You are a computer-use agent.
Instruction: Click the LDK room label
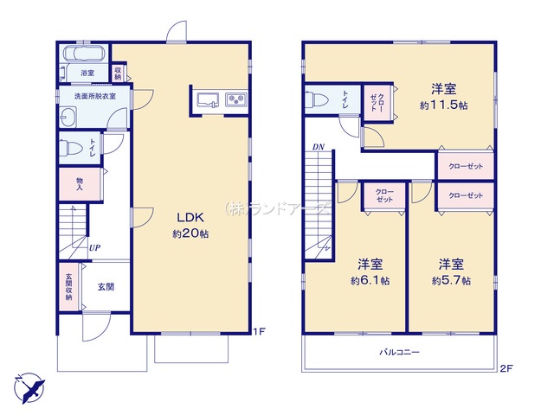pyautogui.click(x=190, y=217)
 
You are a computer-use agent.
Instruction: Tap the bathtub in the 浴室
pyautogui.click(x=84, y=54)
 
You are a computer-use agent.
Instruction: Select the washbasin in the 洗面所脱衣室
pyautogui.click(x=68, y=117)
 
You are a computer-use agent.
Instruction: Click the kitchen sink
pyautogui.click(x=208, y=99)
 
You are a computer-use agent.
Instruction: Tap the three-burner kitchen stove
pyautogui.click(x=236, y=99)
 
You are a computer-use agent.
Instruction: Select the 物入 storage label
pyautogui.click(x=80, y=184)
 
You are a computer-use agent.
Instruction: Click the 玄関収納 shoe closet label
pyautogui.click(x=68, y=287)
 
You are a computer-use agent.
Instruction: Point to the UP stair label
pyautogui.click(x=94, y=248)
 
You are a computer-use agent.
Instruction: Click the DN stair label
pyautogui.click(x=319, y=147)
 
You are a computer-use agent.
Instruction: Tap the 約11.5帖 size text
pyautogui.click(x=443, y=105)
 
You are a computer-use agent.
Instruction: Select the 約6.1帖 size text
pyautogui.click(x=370, y=280)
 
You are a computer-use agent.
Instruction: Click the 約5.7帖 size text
pyautogui.click(x=451, y=280)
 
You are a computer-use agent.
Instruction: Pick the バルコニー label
pyautogui.click(x=400, y=352)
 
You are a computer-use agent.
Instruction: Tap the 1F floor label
pyautogui.click(x=259, y=332)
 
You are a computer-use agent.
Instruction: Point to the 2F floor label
pyautogui.click(x=506, y=368)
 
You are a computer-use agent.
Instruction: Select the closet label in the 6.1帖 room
pyautogui.click(x=384, y=195)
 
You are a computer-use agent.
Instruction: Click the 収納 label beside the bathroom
pyautogui.click(x=118, y=73)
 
